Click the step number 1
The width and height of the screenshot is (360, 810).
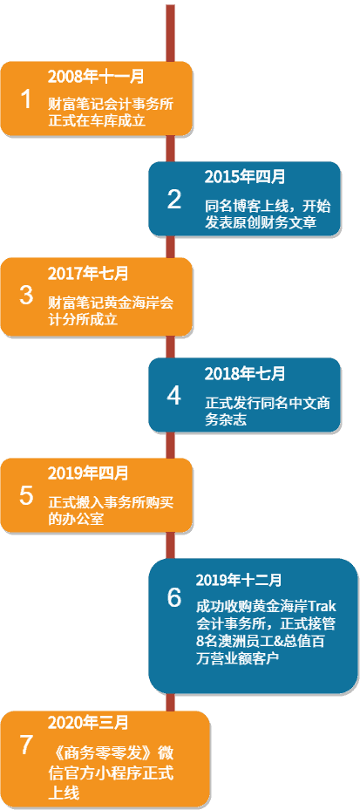click(25, 99)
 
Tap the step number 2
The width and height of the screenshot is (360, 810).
click(174, 200)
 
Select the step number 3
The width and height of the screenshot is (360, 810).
click(26, 296)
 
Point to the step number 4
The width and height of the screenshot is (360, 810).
click(174, 396)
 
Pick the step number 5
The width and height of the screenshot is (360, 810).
click(26, 495)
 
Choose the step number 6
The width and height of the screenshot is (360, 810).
click(174, 597)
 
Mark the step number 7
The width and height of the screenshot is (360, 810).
click(26, 745)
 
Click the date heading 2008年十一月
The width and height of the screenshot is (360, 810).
click(96, 77)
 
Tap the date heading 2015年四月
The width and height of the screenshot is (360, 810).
click(245, 177)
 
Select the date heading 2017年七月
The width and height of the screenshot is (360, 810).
click(88, 273)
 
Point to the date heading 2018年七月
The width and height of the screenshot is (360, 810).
click(245, 373)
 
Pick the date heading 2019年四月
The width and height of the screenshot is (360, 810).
click(88, 473)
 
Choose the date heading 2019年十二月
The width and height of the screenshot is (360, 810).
click(239, 580)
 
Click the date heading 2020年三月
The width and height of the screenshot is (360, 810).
click(88, 723)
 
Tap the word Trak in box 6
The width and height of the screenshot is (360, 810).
click(322, 604)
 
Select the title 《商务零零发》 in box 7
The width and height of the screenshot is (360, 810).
click(96, 751)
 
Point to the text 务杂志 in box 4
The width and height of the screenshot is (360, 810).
click(225, 420)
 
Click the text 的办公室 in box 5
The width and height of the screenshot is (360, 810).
click(76, 519)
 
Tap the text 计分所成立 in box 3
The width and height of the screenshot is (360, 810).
click(83, 320)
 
